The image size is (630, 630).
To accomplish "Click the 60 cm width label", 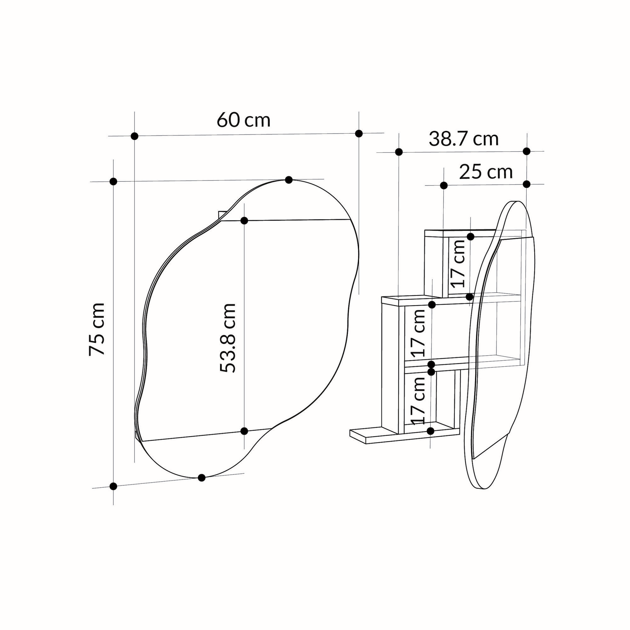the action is [243, 120].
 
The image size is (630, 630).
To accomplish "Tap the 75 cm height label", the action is [97, 329].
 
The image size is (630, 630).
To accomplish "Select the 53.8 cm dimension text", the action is [227, 338].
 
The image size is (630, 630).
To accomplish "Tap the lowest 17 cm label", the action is [418, 400].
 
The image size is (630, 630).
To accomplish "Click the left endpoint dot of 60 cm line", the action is [135, 136].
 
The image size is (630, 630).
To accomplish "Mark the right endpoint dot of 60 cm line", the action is [359, 133].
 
